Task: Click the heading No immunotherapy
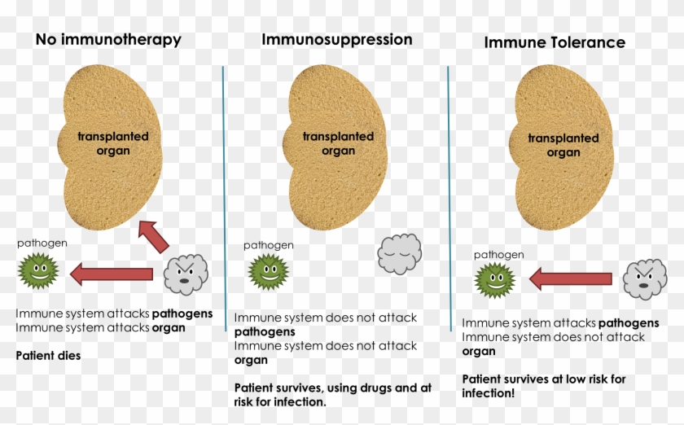108,39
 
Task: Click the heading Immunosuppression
336,39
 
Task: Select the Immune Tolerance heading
555,42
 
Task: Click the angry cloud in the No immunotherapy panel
186,274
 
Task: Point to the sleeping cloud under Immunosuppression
399,254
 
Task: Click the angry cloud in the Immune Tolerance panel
645,279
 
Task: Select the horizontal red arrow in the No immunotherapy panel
112,274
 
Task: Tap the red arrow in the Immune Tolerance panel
570,280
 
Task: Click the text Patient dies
48,356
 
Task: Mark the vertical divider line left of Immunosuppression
224,195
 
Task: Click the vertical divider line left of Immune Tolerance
449,195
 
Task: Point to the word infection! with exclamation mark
489,393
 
